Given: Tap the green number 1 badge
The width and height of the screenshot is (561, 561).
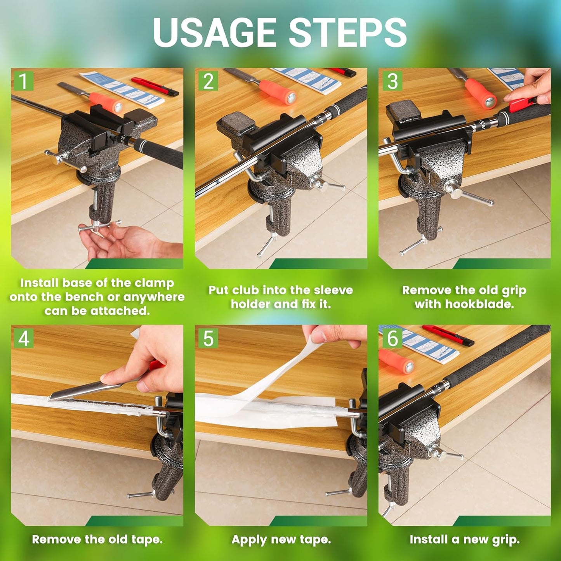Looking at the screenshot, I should [23, 81].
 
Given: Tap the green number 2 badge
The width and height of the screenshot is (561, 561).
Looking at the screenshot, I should [208, 81].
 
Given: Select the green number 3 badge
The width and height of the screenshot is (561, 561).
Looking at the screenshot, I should [392, 81].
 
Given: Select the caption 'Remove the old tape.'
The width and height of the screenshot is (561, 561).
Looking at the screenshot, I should [97, 539].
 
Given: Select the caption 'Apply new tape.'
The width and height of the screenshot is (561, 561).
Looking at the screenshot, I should [281, 539].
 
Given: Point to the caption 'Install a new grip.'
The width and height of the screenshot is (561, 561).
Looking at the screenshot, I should [464, 539].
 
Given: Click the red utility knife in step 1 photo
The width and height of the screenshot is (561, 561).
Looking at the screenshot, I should [155, 87].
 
